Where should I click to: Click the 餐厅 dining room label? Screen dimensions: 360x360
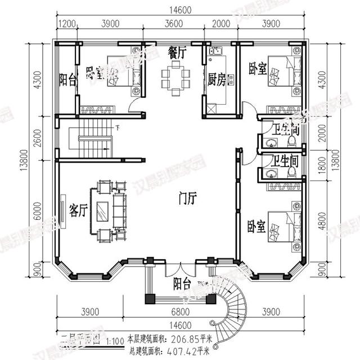177,52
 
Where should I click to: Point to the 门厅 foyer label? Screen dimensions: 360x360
187,197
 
